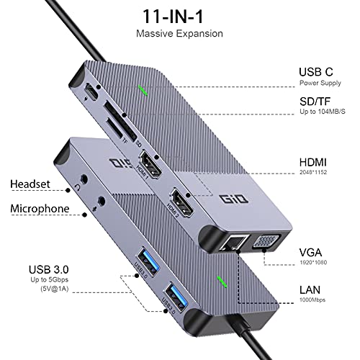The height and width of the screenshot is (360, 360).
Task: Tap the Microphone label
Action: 40,209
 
